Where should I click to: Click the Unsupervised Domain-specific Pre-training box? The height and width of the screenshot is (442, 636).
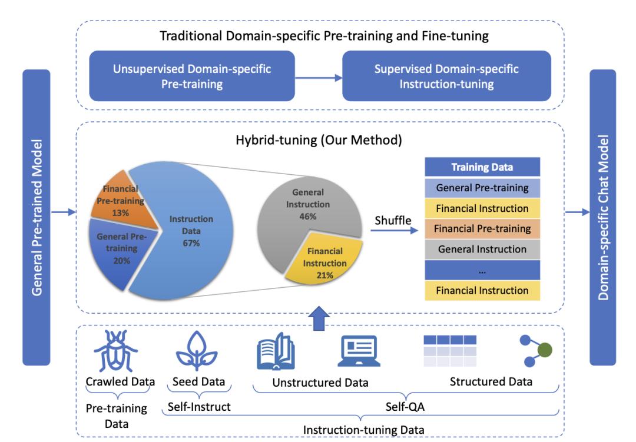point(191,76)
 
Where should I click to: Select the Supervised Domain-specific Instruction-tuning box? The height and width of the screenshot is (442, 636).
point(446,76)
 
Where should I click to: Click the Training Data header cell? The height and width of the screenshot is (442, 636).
point(482,167)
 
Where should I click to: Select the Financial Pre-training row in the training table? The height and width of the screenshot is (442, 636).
point(482,228)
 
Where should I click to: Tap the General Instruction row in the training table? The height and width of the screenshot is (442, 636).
point(482,249)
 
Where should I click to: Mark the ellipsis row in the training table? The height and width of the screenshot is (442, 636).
point(482,270)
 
